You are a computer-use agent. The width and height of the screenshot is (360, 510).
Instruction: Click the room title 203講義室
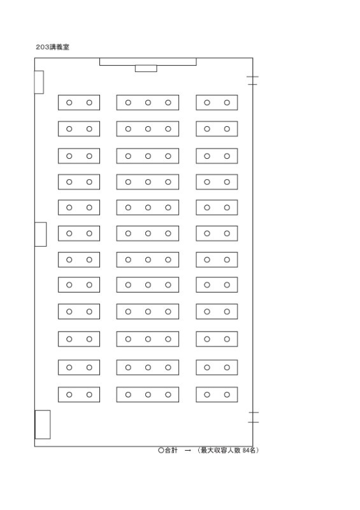[52, 47]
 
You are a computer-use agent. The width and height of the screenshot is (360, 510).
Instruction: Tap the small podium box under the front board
[146, 68]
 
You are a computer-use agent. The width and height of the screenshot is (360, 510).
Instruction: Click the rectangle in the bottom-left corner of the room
[43, 425]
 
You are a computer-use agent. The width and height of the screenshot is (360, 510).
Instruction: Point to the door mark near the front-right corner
[252, 81]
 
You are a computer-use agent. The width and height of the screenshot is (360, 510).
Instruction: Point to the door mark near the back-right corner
[254, 418]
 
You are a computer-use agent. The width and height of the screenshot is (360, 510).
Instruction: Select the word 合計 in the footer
[171, 451]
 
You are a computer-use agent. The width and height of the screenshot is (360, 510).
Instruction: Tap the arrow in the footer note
[187, 451]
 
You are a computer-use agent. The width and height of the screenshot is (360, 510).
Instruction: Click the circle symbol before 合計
[161, 451]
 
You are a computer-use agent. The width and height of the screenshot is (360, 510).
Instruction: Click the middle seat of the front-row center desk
[148, 103]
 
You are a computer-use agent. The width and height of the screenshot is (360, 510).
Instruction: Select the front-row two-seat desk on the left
[79, 103]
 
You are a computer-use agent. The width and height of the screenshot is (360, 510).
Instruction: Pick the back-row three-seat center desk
[148, 395]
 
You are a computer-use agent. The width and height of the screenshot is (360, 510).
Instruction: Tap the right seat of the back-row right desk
[227, 395]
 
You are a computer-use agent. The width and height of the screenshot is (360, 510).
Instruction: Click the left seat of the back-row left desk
[69, 395]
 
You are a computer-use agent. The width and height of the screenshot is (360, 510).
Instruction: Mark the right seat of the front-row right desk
[227, 103]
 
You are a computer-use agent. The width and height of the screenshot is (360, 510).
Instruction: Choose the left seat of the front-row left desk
[69, 103]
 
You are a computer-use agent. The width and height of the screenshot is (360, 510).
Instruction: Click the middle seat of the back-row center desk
[148, 395]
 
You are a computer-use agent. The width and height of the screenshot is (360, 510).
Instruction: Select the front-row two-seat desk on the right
[217, 103]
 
